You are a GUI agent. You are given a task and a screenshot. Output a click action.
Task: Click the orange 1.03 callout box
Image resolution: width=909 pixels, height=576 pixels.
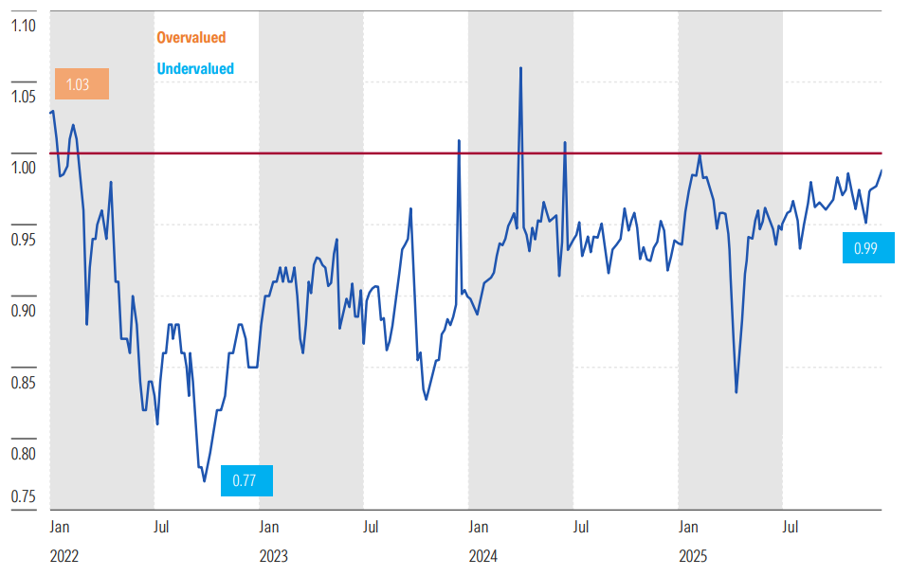point(82,84)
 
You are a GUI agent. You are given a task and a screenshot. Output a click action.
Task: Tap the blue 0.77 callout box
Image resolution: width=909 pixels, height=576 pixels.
point(246,480)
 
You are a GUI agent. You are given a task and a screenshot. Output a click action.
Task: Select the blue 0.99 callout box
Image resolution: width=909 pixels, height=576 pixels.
point(868,248)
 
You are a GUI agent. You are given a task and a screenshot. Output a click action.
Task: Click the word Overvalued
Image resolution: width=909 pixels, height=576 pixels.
point(191,38)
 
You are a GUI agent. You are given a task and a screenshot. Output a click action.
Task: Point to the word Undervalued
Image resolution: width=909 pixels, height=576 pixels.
point(195,69)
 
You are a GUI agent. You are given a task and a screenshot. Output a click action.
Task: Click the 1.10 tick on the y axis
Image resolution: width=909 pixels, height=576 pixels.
point(23,26)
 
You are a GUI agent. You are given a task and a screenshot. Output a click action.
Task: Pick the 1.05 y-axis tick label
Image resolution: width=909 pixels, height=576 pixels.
point(23,97)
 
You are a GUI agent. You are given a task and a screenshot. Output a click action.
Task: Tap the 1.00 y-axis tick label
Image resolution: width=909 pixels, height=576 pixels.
point(23,168)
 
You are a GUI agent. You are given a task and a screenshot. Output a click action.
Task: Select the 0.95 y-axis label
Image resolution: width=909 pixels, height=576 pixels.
point(23,239)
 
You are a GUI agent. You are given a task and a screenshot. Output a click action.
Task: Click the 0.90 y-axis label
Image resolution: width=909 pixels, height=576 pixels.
point(23,310)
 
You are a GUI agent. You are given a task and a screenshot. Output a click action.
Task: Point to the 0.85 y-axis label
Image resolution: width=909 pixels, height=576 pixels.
point(23,382)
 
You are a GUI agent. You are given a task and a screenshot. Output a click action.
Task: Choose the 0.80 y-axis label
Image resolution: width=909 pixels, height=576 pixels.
point(23,453)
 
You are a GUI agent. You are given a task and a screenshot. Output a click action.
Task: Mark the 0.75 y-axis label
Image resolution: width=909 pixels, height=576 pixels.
point(23,496)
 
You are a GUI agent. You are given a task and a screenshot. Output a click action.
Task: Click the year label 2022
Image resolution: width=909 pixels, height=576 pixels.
point(64,556)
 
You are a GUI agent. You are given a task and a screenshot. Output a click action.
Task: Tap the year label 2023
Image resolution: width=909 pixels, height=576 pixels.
point(274,556)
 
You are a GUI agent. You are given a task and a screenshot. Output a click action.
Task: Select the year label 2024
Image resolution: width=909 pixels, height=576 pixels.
point(482,556)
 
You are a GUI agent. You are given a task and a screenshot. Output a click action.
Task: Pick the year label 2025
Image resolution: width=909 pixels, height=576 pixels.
point(693,556)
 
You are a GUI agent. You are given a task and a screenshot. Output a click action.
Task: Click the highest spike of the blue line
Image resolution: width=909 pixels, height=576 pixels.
point(520,68)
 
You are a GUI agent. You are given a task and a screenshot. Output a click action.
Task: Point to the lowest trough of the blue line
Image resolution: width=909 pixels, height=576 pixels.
point(204,481)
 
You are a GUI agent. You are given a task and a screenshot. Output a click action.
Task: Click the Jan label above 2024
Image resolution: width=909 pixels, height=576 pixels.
point(479,527)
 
